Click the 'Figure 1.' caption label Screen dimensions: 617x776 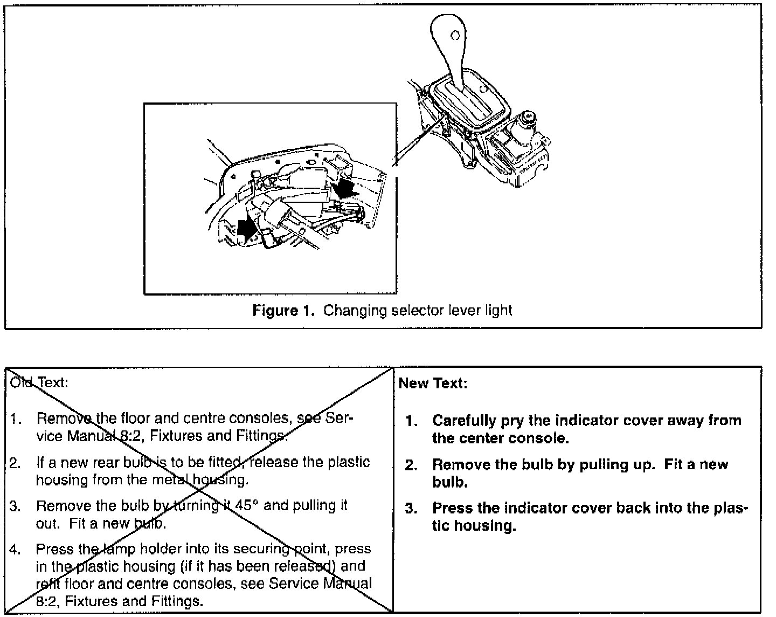pos(283,311)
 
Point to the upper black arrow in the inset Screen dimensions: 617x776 pos(344,189)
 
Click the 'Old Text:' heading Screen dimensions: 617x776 pos(39,383)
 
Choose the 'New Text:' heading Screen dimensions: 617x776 pos(433,383)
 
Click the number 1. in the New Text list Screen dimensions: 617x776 pos(412,421)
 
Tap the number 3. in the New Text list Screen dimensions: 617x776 pos(412,509)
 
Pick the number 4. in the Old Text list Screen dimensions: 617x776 pos(15,550)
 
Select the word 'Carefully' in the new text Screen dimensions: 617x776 pos(464,421)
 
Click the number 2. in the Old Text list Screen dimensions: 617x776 pos(15,463)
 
